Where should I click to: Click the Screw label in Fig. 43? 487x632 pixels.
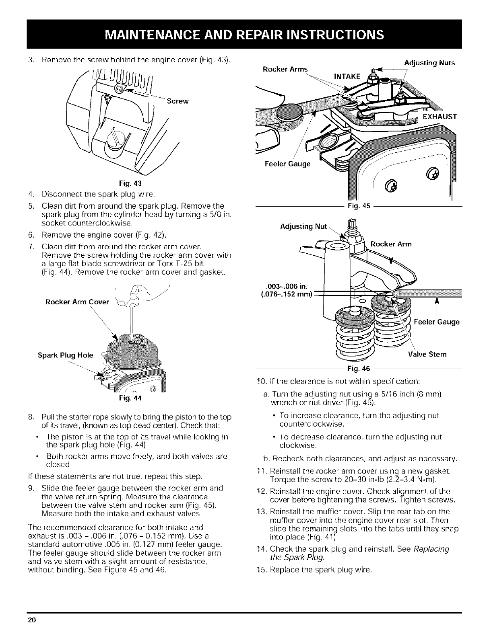pyautogui.click(x=177, y=101)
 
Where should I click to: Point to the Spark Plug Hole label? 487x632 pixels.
pyautogui.click(x=65, y=355)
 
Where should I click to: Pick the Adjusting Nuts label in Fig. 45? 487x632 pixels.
pyautogui.click(x=429, y=63)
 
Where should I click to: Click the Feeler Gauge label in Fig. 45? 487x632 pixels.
pyautogui.click(x=287, y=164)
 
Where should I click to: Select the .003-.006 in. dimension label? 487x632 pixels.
pyautogui.click(x=287, y=286)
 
